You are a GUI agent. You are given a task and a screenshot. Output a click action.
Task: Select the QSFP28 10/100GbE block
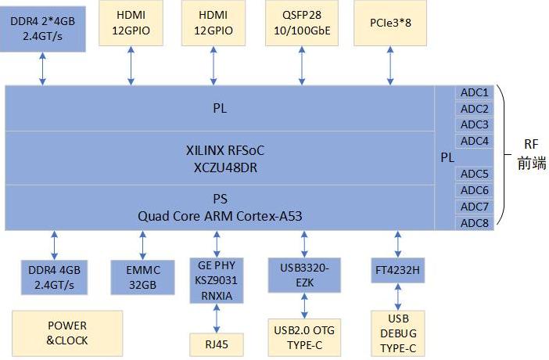[x=299, y=23]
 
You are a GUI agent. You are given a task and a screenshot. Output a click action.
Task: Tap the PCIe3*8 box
[x=389, y=23]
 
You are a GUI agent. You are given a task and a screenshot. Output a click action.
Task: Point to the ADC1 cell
[x=474, y=92]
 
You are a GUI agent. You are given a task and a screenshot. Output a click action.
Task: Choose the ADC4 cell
[x=474, y=141]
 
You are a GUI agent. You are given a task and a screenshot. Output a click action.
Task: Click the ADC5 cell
[x=474, y=174]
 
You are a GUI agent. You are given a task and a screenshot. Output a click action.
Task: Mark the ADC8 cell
[x=474, y=223]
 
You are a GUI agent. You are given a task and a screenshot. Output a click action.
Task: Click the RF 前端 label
[x=532, y=154]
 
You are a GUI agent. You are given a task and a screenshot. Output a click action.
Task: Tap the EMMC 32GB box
[x=143, y=278]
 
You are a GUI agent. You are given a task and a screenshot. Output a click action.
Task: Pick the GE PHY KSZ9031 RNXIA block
[x=217, y=279]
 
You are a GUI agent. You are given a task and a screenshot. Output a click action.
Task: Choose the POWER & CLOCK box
[x=67, y=333]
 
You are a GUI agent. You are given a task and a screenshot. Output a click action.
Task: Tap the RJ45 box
[x=217, y=344]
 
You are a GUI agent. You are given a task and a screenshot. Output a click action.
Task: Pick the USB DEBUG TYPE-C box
[x=398, y=334]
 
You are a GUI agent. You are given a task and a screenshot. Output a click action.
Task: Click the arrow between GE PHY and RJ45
[x=217, y=318]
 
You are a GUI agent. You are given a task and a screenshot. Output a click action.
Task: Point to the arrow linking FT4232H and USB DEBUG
[x=398, y=297]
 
